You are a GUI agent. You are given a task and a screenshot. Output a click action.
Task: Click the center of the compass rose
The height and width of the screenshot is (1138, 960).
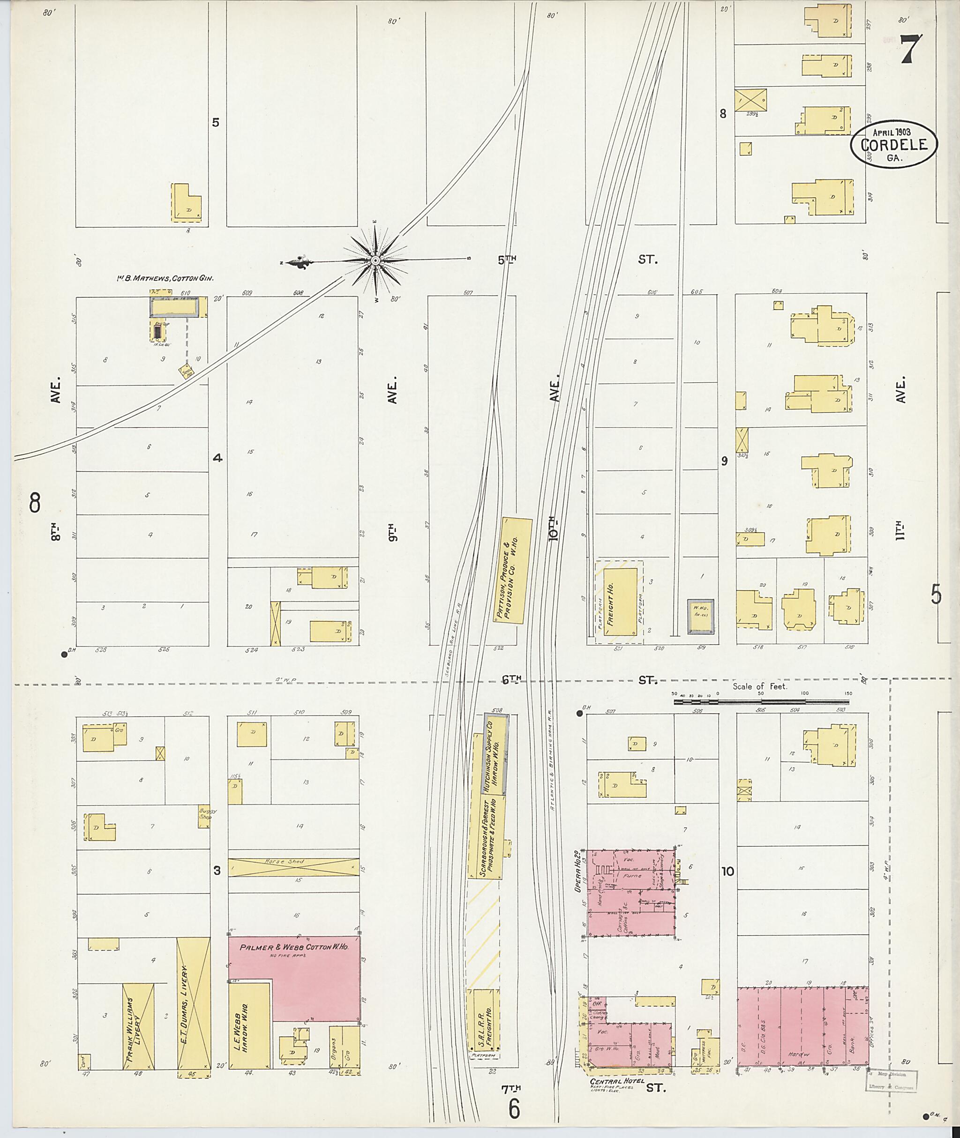click(375, 261)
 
